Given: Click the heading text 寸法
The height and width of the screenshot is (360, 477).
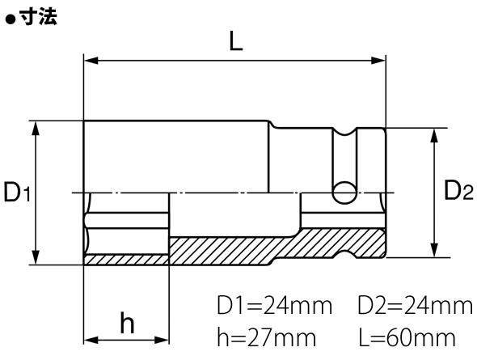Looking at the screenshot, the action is click(38, 16).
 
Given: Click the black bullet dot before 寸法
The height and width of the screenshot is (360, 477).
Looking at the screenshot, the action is click(11, 19).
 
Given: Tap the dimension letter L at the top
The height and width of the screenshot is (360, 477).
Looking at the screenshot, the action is click(236, 41).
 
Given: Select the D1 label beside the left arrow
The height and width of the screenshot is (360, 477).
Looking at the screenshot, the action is click(17, 192).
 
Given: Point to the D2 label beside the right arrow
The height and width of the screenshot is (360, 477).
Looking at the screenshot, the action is click(458, 190).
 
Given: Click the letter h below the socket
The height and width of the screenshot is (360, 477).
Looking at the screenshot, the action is click(127, 322).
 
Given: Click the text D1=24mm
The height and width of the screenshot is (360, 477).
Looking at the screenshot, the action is click(274, 305).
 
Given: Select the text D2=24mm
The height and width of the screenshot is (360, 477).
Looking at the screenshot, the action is click(415, 305).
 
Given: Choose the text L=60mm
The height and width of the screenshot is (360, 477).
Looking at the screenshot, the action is click(407, 337).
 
